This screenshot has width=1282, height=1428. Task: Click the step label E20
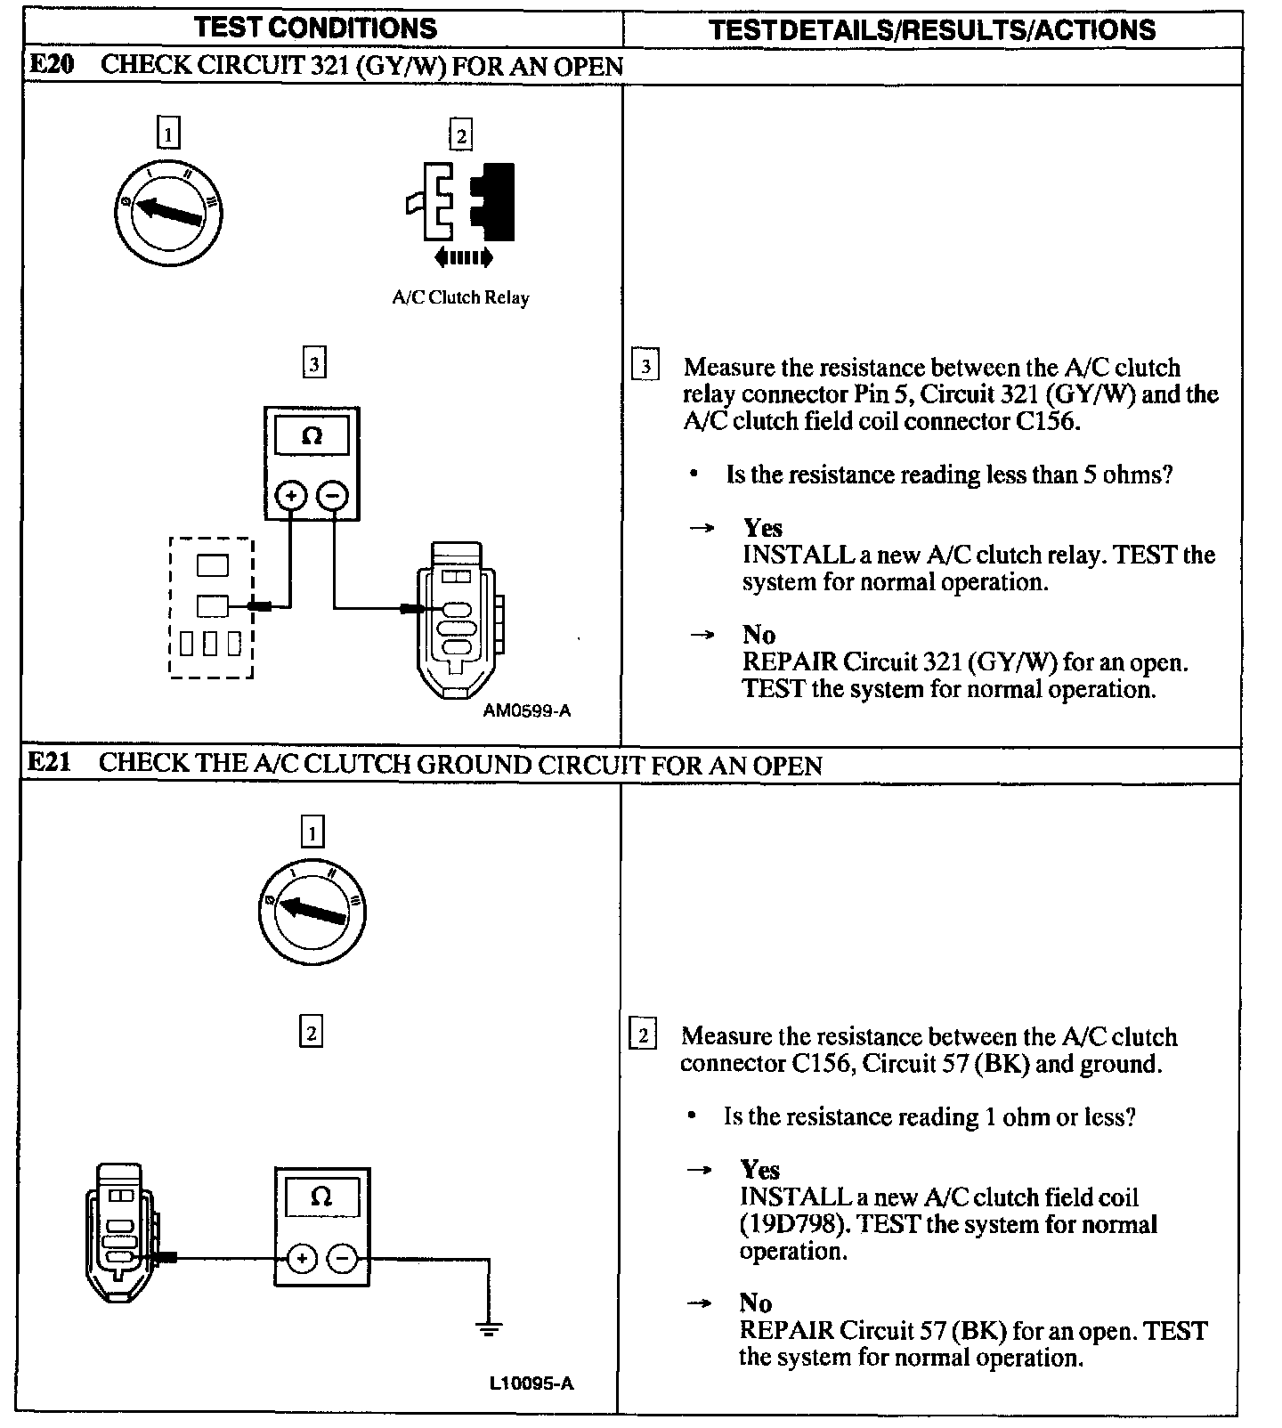[52, 65]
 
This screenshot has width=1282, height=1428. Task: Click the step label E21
[50, 763]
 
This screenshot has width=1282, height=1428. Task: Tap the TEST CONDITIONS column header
[316, 28]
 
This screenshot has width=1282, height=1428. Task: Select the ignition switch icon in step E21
[312, 911]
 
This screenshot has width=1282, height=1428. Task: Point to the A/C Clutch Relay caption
[460, 297]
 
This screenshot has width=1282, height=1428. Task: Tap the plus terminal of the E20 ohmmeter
[292, 495]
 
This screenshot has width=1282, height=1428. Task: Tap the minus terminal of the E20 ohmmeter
[333, 495]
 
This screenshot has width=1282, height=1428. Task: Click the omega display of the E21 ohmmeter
[321, 1197]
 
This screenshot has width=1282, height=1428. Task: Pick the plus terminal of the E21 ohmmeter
[302, 1258]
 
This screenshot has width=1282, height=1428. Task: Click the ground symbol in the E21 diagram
[488, 1329]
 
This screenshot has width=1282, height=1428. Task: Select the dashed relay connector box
[211, 608]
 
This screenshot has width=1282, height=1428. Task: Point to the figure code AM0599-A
[527, 710]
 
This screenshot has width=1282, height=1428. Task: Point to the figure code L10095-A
[531, 1383]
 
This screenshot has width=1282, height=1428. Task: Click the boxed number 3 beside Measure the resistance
[645, 366]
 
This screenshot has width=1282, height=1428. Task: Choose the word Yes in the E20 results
[763, 528]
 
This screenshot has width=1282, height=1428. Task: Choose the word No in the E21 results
[755, 1303]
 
